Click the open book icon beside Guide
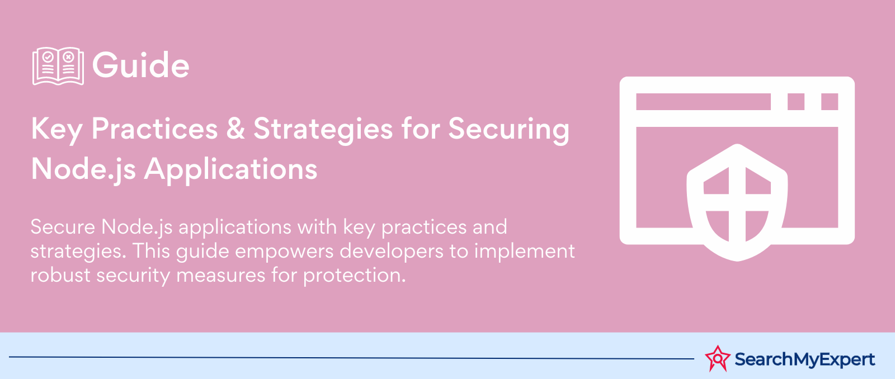coord(58,66)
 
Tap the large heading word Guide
coord(140,65)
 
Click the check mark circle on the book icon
coord(48,57)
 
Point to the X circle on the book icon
coord(68,57)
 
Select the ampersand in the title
coord(235,129)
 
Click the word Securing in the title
coord(508,130)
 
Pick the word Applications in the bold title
coord(230,170)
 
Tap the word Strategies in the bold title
coord(323,130)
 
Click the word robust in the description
coord(60,275)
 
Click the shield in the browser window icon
coord(737,202)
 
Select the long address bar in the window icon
coord(703,101)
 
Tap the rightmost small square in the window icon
coord(830,101)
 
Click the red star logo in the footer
coord(718,359)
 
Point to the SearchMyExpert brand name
coord(805,359)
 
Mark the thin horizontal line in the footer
coord(352,358)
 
